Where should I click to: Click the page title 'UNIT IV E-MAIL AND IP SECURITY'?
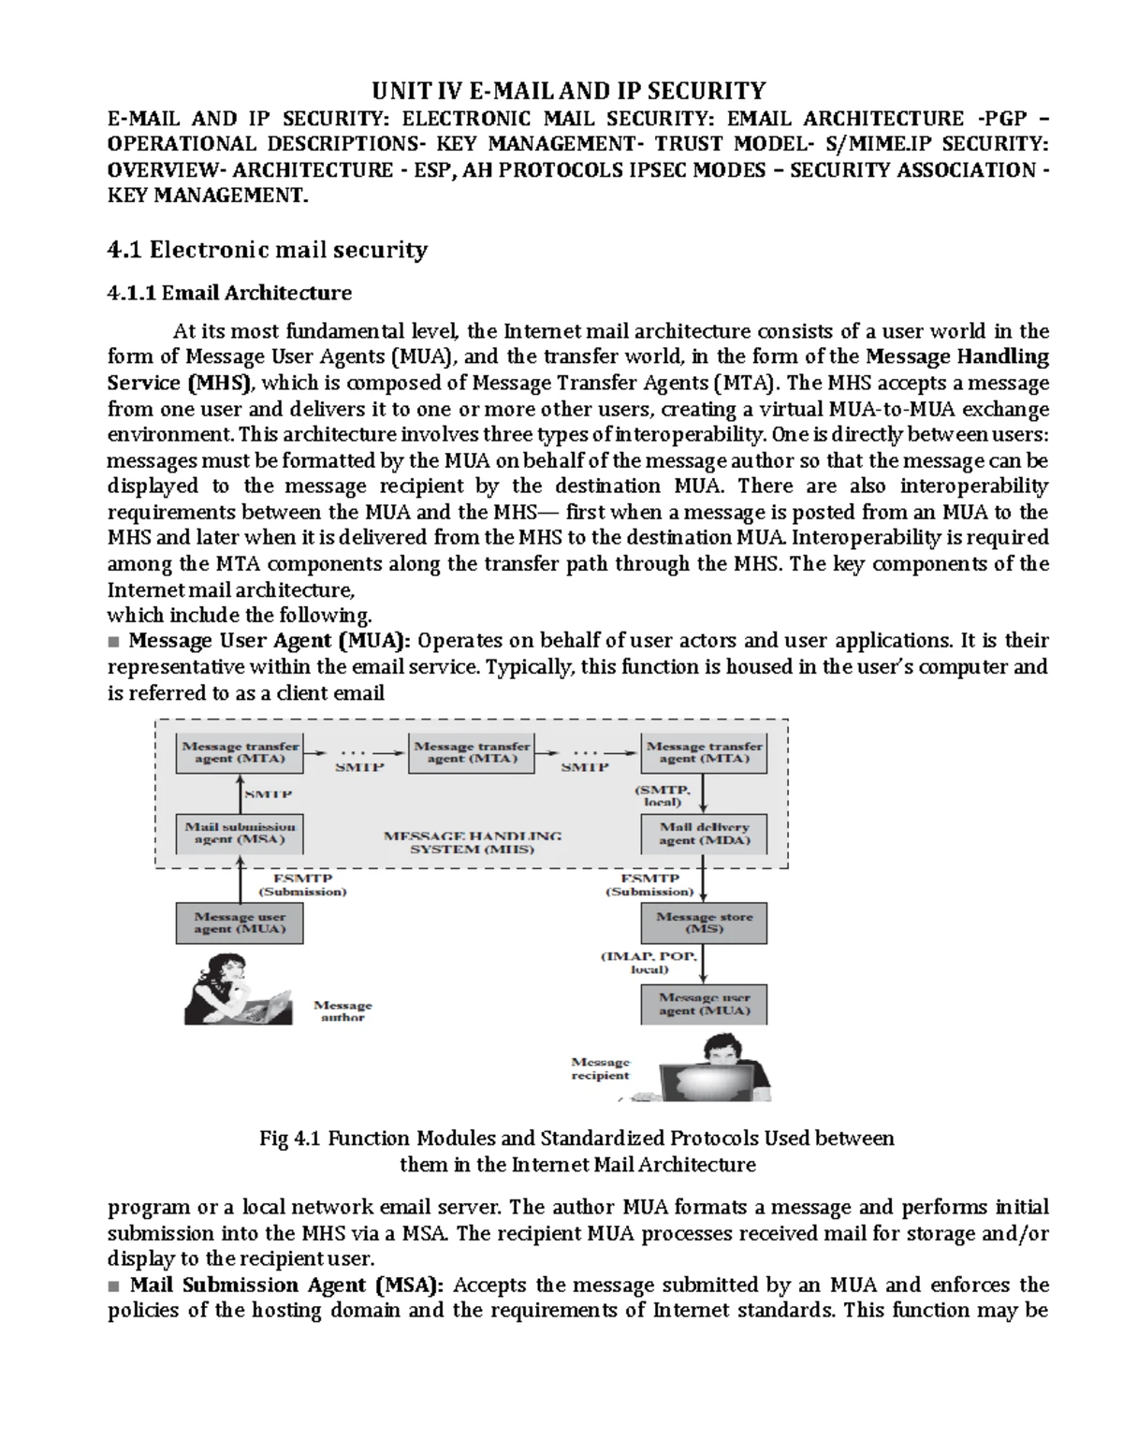click(x=569, y=91)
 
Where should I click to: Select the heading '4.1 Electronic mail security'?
click(x=268, y=250)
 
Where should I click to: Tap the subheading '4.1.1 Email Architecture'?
click(x=229, y=294)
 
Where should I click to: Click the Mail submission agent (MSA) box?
click(x=240, y=833)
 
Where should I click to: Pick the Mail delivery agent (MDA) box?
click(x=704, y=834)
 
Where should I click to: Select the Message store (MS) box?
click(x=704, y=923)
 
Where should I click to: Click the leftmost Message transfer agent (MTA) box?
click(x=240, y=752)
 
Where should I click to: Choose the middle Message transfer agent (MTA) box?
click(x=472, y=752)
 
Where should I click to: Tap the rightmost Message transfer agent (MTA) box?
click(x=704, y=752)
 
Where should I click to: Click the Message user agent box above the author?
click(x=240, y=923)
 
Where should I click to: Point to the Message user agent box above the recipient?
click(x=704, y=1004)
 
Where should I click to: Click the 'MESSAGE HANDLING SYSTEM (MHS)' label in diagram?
click(x=473, y=842)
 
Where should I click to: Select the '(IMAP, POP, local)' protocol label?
click(x=649, y=963)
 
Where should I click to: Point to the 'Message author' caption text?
click(x=343, y=1011)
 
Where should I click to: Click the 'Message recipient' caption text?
click(x=601, y=1068)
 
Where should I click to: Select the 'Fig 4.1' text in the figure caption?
click(x=290, y=1139)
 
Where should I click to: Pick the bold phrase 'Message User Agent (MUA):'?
click(x=270, y=641)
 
